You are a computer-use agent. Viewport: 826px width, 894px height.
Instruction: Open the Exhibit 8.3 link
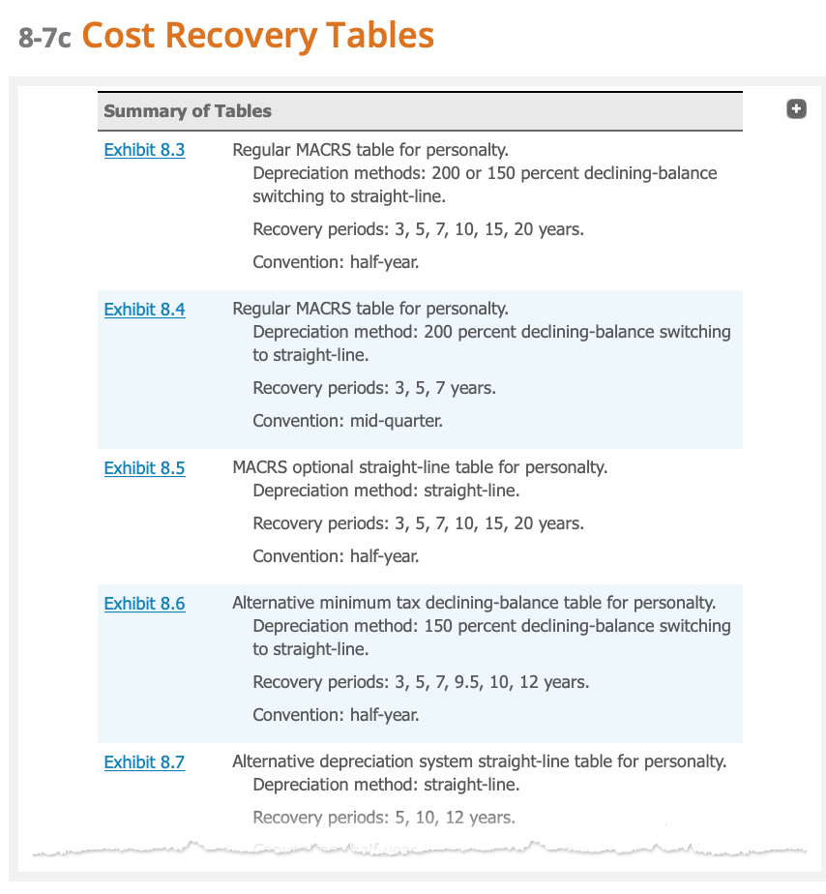click(x=144, y=150)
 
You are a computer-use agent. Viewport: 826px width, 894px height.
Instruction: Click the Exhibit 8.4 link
click(x=144, y=310)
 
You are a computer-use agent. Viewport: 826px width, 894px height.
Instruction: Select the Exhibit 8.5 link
click(x=144, y=468)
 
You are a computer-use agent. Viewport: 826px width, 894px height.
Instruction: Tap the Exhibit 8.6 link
click(x=144, y=604)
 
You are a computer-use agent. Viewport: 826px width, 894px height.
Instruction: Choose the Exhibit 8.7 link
click(x=144, y=762)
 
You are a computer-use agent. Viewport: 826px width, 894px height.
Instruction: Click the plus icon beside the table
click(x=796, y=109)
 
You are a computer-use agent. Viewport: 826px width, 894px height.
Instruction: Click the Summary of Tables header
click(x=188, y=111)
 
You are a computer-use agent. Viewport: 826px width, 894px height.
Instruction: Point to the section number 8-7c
click(x=44, y=38)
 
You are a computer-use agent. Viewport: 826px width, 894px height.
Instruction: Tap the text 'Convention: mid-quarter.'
click(x=347, y=421)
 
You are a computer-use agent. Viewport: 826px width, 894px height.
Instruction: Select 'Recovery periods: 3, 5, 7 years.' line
click(x=373, y=388)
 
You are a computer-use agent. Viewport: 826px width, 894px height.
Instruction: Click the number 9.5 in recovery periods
click(x=467, y=682)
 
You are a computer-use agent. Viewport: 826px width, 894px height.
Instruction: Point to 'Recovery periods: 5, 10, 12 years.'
click(x=383, y=818)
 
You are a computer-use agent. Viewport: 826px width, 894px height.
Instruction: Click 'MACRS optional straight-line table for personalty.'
click(x=419, y=467)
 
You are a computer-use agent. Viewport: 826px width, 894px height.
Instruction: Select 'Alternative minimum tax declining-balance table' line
click(x=473, y=603)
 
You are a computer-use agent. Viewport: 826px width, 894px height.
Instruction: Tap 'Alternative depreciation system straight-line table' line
click(x=479, y=761)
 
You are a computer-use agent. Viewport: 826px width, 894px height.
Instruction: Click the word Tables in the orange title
click(x=379, y=36)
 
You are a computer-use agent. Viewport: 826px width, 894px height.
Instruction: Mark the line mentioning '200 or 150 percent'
click(x=484, y=173)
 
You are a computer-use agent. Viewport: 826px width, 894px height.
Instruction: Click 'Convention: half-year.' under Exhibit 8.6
click(x=336, y=715)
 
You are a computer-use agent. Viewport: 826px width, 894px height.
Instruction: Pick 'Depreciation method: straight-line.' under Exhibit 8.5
click(x=385, y=491)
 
